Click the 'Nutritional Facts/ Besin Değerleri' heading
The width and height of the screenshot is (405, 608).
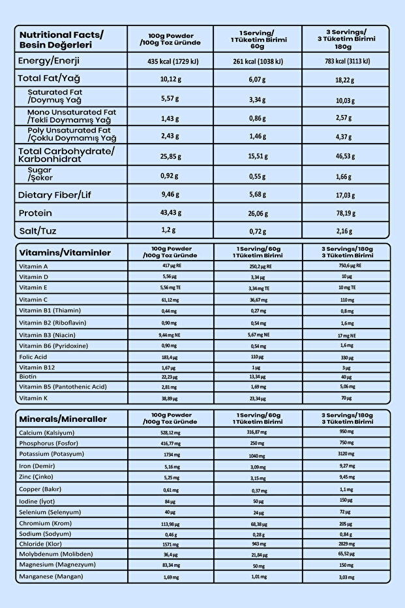(61, 39)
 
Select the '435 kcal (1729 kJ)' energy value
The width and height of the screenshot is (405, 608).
(170, 61)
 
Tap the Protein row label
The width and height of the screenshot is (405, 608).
(35, 213)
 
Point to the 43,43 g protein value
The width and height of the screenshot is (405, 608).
(171, 213)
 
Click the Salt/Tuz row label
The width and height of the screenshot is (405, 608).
(37, 231)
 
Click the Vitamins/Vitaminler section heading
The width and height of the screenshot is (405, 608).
(65, 253)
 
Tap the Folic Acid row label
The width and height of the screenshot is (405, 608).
(33, 357)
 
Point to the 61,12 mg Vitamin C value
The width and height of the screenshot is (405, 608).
(170, 299)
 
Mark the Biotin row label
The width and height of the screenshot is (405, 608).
(27, 376)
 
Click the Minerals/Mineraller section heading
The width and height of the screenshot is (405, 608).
(63, 419)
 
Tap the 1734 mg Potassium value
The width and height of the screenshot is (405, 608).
(170, 454)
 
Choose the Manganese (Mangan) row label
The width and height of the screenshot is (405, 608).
(52, 576)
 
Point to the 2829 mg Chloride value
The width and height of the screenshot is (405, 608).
(347, 543)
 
